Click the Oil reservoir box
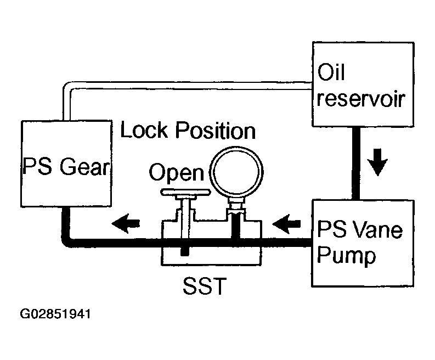click(363, 85)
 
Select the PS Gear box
click(66, 164)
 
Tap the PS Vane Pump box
click(363, 243)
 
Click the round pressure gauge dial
click(236, 171)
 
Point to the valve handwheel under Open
click(185, 192)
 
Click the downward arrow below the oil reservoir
click(377, 162)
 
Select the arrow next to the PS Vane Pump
click(286, 224)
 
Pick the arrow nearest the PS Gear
click(126, 223)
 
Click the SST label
click(205, 286)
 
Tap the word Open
click(177, 173)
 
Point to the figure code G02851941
click(55, 314)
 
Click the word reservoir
click(361, 99)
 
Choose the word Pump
click(346, 255)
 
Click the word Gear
click(85, 166)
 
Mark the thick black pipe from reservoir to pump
click(356, 163)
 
